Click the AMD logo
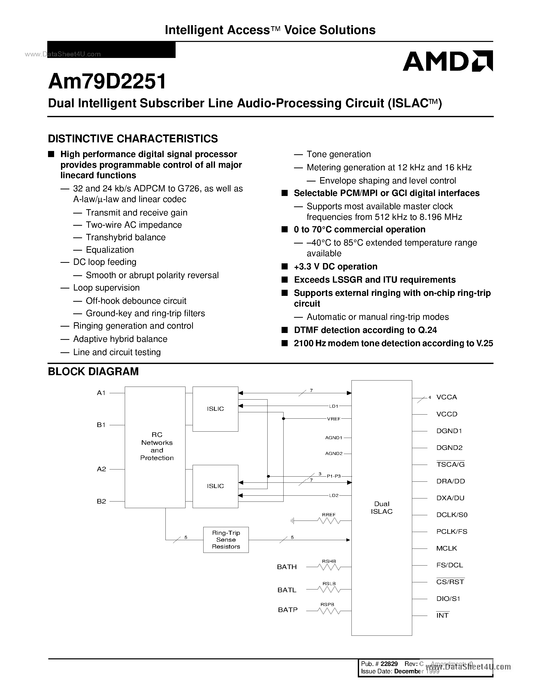[448, 61]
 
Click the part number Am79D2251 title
[107, 81]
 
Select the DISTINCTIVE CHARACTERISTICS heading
[133, 139]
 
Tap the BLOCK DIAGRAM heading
[93, 371]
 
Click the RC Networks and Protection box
[155, 447]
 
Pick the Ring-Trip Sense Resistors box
[226, 540]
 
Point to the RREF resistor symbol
[329, 521]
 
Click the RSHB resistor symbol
[329, 567]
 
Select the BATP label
[288, 610]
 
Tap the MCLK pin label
[446, 548]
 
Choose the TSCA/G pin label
[450, 464]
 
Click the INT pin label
[442, 615]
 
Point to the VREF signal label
[333, 419]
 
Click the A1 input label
[101, 393]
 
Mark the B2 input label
[101, 501]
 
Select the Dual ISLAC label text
[382, 508]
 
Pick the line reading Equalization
[110, 250]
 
